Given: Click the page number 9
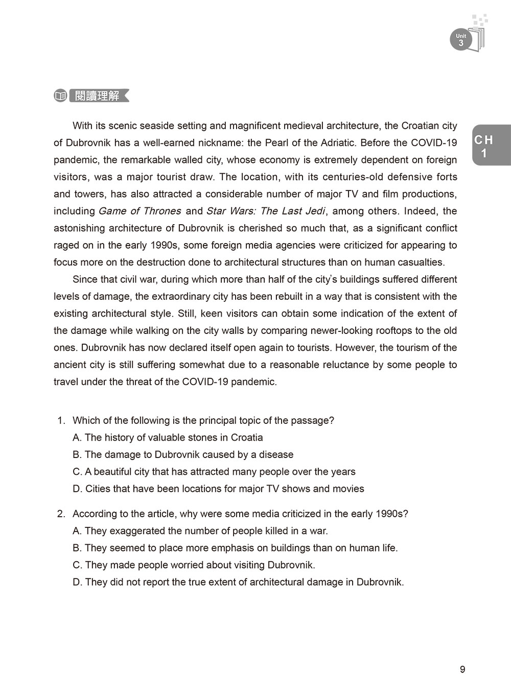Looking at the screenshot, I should [x=462, y=669].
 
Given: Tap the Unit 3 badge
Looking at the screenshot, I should [x=461, y=40].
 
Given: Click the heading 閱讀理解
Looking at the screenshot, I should [x=97, y=95].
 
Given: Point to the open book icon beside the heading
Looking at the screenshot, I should [x=60, y=95].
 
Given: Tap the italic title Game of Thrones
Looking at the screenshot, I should [x=140, y=211].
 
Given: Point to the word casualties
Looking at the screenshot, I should [x=419, y=262].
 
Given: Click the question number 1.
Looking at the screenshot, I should [x=60, y=420].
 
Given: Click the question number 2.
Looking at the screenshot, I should [x=60, y=514].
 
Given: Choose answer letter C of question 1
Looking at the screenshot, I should [x=77, y=472].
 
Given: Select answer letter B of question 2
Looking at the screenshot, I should [x=77, y=548].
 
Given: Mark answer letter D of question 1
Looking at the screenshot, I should [x=77, y=489].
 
